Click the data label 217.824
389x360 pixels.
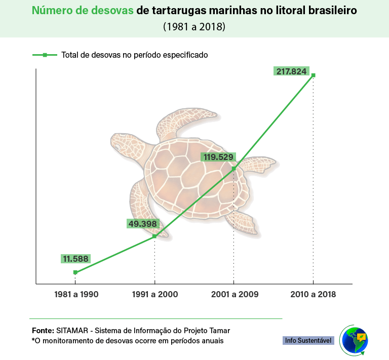pyautogui.click(x=291, y=71)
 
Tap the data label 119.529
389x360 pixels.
pyautogui.click(x=218, y=157)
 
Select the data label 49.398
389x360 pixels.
pyautogui.click(x=143, y=224)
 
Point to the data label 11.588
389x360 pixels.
pyautogui.click(x=75, y=259)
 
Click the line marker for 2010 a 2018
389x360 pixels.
pyautogui.click(x=313, y=75)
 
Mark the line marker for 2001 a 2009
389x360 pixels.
pyautogui.click(x=234, y=169)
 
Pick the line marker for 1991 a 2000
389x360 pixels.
pyautogui.click(x=154, y=236)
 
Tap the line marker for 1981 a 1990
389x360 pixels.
pyautogui.click(x=75, y=272)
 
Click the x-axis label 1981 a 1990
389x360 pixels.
pyautogui.click(x=75, y=294)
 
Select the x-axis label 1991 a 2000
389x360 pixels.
pyautogui.click(x=154, y=294)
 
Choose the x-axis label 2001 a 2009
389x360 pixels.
pyautogui.click(x=234, y=294)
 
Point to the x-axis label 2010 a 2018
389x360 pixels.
pyautogui.click(x=313, y=294)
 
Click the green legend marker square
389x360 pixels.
pyautogui.click(x=45, y=55)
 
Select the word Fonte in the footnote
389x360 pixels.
pyautogui.click(x=43, y=330)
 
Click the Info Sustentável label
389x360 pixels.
pyautogui.click(x=308, y=340)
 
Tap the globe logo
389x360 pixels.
pyautogui.click(x=354, y=340)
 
